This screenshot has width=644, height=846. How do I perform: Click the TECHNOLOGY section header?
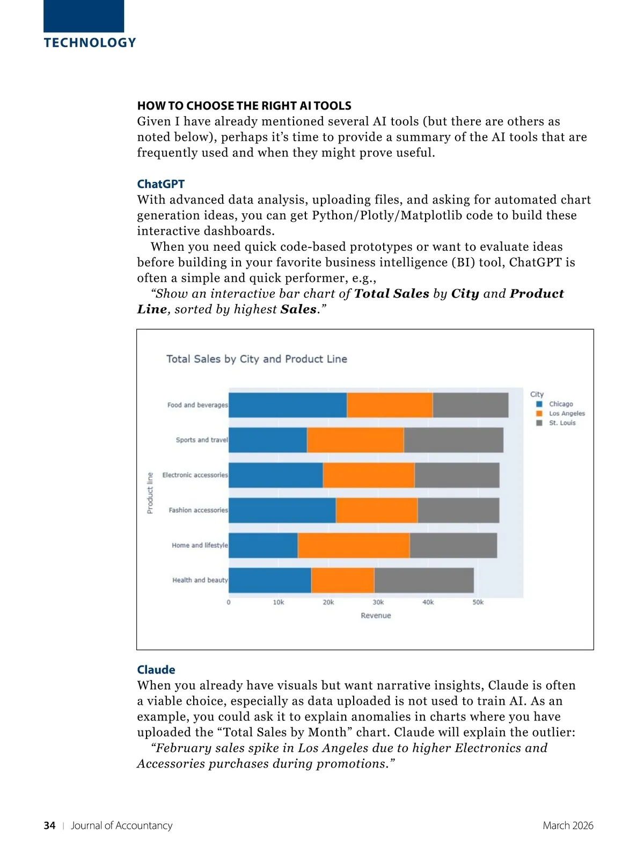click(90, 43)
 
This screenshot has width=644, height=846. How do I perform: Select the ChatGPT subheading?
click(160, 184)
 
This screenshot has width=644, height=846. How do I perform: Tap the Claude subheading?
click(156, 670)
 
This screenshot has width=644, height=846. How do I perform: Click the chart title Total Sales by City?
click(257, 359)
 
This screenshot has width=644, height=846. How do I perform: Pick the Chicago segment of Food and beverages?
click(288, 405)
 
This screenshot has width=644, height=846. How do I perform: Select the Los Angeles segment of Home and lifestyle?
click(354, 545)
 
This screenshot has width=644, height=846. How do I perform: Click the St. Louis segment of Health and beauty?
click(424, 580)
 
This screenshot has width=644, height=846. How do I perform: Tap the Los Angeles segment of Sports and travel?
click(355, 440)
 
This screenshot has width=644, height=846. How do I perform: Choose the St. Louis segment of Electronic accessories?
click(457, 475)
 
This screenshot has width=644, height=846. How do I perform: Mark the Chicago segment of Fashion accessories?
click(282, 510)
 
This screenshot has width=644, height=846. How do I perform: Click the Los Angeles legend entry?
click(566, 414)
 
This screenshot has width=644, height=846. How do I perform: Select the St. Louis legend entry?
click(561, 423)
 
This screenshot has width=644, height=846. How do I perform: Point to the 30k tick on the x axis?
click(378, 603)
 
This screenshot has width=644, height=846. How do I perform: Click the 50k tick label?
click(478, 603)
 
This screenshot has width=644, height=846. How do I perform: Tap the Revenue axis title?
click(376, 616)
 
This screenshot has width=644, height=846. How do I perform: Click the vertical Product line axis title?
click(150, 493)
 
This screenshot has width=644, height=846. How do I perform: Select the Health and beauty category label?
click(200, 580)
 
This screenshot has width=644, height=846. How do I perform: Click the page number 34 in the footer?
click(49, 826)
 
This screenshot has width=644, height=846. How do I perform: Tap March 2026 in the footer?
click(568, 826)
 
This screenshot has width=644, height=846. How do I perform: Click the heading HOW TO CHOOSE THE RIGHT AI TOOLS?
click(244, 106)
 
